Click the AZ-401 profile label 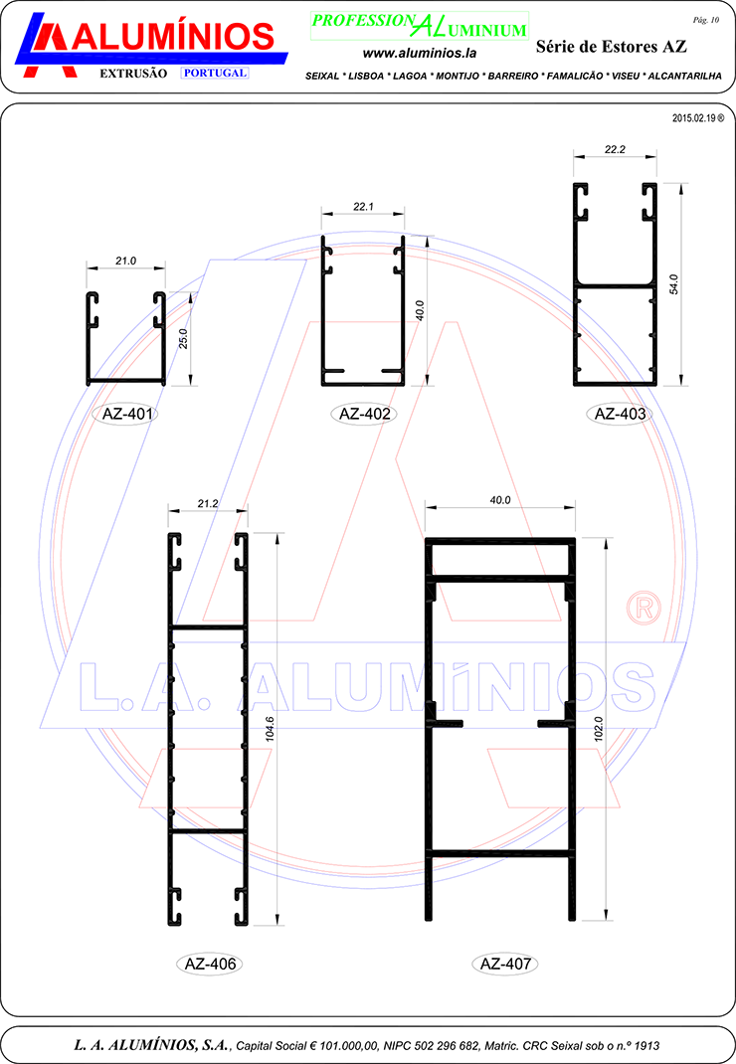tap(127, 414)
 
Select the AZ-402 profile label tap(365, 414)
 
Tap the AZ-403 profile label tap(620, 414)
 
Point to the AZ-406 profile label tap(211, 964)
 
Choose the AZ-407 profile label tap(506, 964)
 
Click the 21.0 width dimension tap(125, 261)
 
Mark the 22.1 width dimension tap(363, 206)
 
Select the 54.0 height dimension tap(673, 284)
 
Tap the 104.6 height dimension tap(270, 728)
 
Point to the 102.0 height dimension tap(598, 729)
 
